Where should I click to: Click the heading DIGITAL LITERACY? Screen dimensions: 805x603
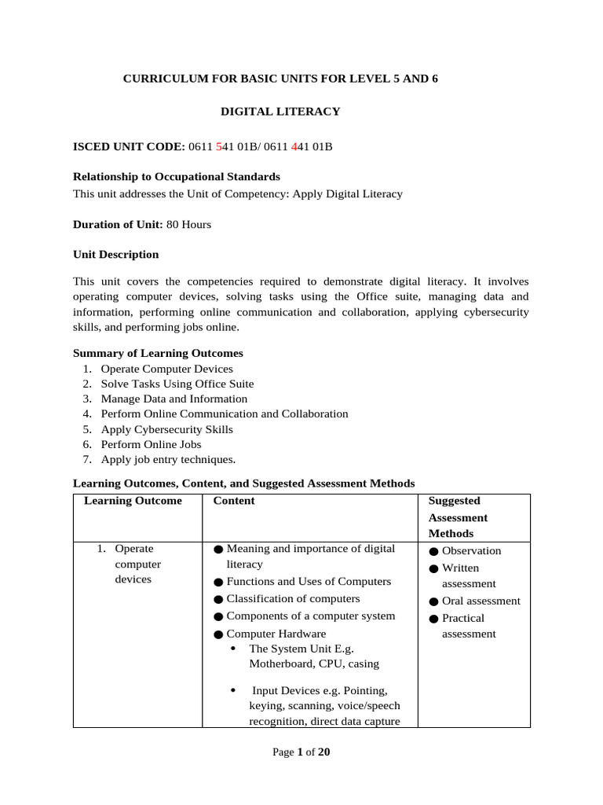(x=280, y=112)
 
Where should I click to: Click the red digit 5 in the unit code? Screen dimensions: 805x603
(x=219, y=146)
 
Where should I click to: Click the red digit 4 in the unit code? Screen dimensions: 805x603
(x=294, y=146)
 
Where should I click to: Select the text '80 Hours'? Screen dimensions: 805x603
(x=188, y=224)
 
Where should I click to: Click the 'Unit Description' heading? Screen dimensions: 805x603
(x=115, y=255)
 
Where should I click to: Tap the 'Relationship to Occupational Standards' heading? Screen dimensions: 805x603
(x=176, y=177)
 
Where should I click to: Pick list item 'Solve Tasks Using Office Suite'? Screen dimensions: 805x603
(x=177, y=384)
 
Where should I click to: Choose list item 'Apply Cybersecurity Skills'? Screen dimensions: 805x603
(x=166, y=429)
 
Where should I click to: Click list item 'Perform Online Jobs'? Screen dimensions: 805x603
(x=151, y=444)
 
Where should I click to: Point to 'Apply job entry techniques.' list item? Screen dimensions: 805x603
(x=168, y=460)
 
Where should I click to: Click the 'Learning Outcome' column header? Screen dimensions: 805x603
(x=133, y=501)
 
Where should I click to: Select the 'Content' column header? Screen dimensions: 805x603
(x=234, y=501)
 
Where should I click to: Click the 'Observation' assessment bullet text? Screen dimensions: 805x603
(x=471, y=551)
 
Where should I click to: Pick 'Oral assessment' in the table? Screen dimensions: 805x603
(x=481, y=601)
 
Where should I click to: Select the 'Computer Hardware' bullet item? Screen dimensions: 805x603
(x=276, y=634)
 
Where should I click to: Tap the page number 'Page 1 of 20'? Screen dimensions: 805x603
(x=301, y=752)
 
